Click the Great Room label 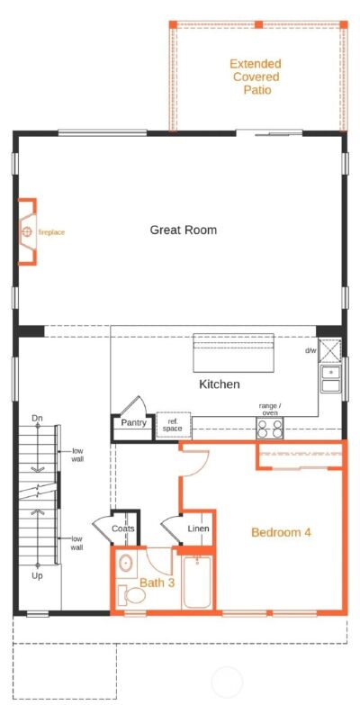click(x=183, y=230)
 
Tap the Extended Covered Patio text click(x=255, y=77)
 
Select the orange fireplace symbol click(x=28, y=232)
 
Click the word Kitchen click(x=219, y=384)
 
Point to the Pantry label click(x=133, y=420)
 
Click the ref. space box click(x=172, y=425)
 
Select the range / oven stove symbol click(x=269, y=428)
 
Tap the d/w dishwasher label click(x=310, y=350)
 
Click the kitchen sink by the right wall click(x=330, y=379)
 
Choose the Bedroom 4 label click(x=281, y=532)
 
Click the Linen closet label click(x=198, y=529)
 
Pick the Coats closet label click(x=123, y=529)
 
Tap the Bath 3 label click(x=157, y=583)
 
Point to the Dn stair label click(x=37, y=419)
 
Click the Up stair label click(x=37, y=574)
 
